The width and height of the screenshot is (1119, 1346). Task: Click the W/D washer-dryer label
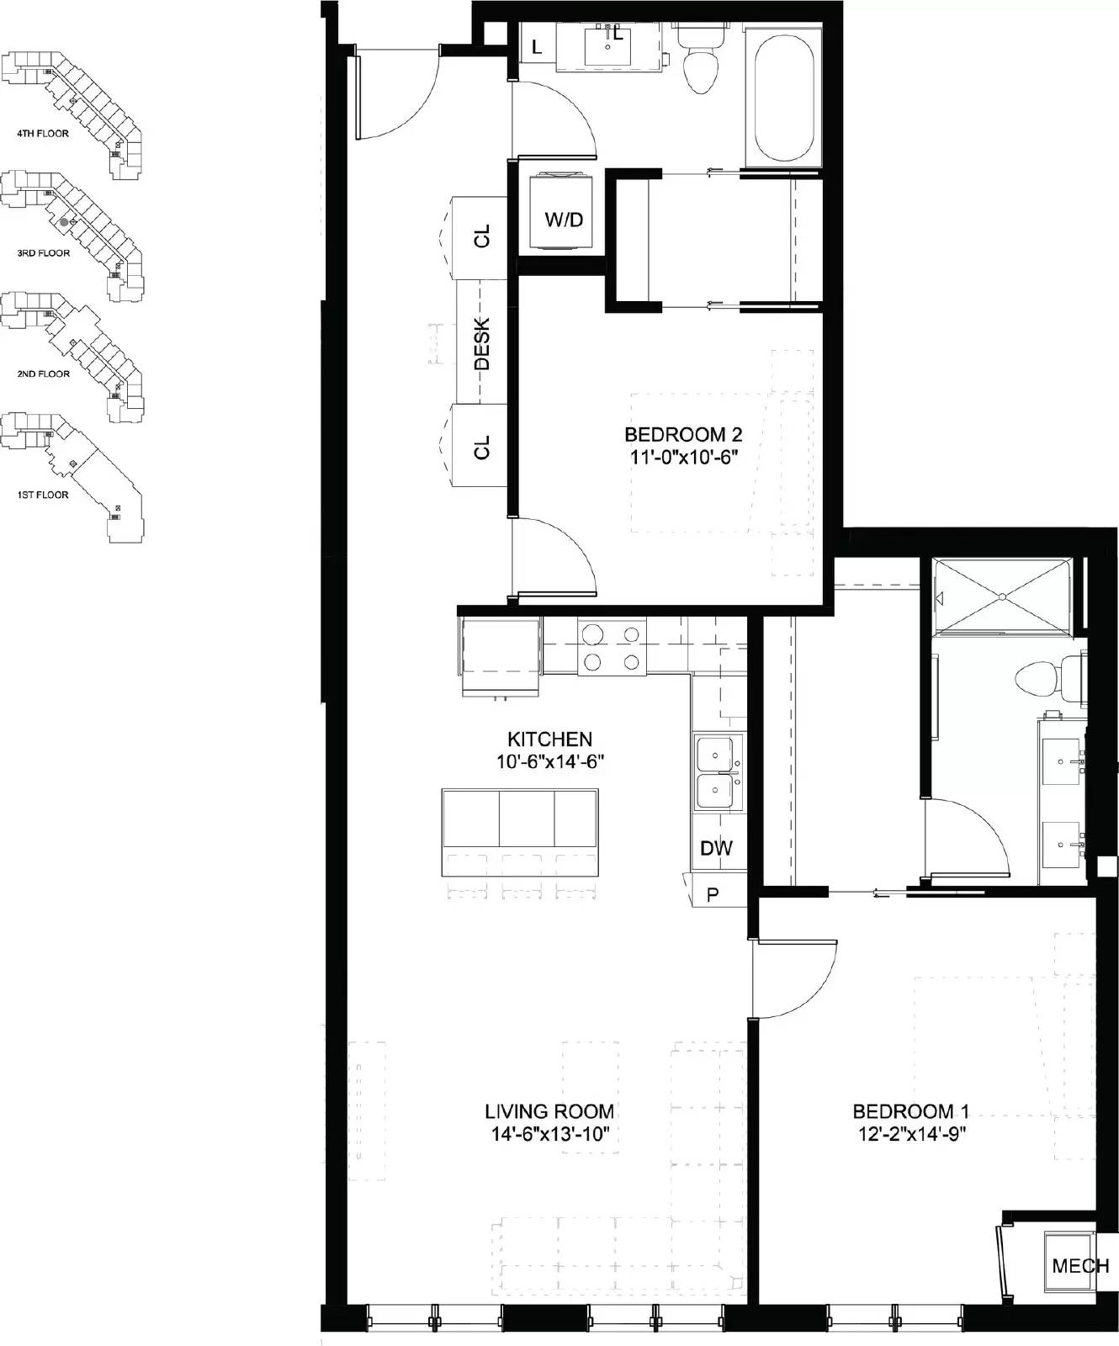coord(563,220)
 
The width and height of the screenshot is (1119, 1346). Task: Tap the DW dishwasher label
coord(716,848)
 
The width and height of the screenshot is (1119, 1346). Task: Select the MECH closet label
coord(1080,1266)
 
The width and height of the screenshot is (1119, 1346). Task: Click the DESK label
coord(482,343)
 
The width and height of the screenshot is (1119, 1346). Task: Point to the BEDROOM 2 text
coord(683,435)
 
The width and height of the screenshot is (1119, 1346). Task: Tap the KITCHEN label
coord(549,739)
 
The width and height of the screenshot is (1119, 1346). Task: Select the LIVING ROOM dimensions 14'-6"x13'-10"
coord(549,1134)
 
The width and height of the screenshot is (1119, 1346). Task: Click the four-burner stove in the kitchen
coord(612,647)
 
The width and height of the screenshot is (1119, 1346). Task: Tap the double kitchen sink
coord(719,771)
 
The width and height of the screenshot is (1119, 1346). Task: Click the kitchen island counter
coord(520,819)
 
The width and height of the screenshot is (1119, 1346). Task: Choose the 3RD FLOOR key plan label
coord(43,253)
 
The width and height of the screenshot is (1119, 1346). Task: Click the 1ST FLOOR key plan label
coord(43,495)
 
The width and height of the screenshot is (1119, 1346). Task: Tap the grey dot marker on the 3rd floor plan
coord(64,222)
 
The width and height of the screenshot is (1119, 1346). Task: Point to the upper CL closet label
coord(482,237)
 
